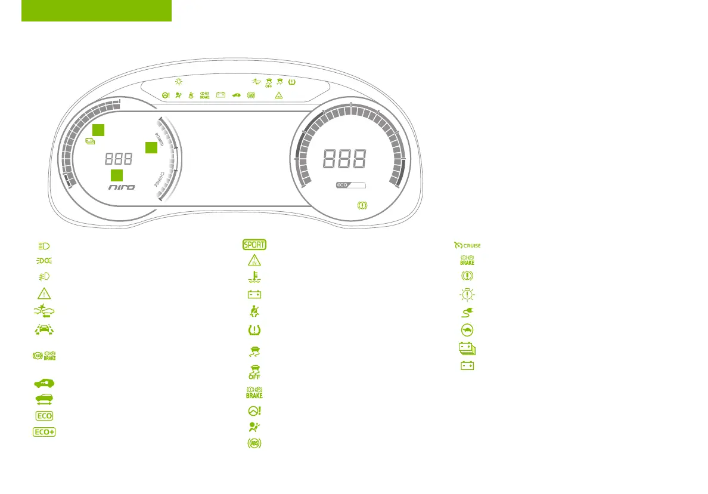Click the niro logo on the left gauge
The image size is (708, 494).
click(122, 187)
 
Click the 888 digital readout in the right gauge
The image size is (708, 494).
click(344, 159)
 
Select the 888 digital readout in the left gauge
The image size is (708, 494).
click(119, 159)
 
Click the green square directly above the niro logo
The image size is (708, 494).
click(117, 175)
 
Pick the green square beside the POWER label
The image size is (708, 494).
click(151, 147)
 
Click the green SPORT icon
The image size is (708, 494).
click(254, 245)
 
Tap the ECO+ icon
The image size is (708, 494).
click(44, 432)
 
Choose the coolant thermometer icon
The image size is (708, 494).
click(255, 277)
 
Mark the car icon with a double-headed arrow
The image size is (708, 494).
click(44, 399)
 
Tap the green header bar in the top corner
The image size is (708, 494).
click(97, 11)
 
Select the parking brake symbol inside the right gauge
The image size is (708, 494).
click(361, 205)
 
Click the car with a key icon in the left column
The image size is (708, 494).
click(44, 382)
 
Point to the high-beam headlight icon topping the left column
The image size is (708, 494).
click(44, 245)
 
